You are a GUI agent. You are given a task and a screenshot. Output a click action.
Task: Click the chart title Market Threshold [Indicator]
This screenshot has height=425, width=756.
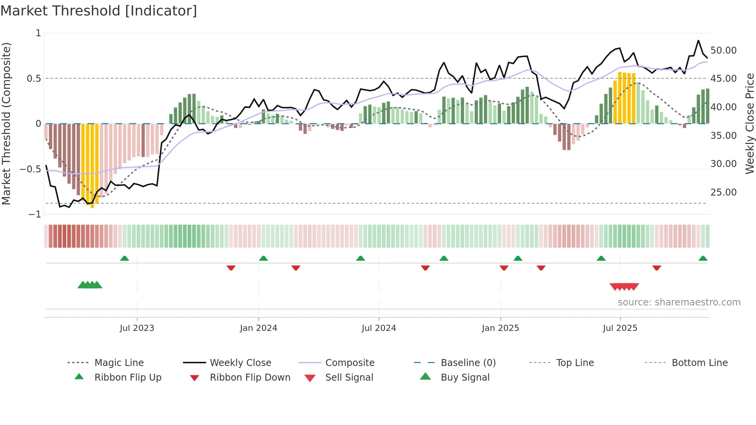[x=99, y=11]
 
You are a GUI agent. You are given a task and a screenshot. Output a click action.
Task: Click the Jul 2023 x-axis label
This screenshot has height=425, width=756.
[x=137, y=328]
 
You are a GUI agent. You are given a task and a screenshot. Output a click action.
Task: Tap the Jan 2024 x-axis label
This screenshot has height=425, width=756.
[x=258, y=328]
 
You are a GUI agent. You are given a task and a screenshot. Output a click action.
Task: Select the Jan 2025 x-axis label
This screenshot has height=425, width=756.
[x=500, y=328]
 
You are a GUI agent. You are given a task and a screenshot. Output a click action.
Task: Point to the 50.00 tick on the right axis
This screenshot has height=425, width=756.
[x=724, y=51]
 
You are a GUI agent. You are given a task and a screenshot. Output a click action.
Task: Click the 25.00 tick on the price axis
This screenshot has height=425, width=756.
[x=724, y=192]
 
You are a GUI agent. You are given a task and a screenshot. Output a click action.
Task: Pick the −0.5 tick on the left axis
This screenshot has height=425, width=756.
[x=30, y=169]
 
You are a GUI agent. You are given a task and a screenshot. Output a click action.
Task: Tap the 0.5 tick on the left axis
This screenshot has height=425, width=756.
[x=34, y=79]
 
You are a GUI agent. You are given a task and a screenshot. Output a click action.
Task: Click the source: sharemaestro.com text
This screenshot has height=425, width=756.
[x=679, y=302]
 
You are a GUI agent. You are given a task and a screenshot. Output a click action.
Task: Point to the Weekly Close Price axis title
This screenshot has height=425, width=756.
[x=749, y=123]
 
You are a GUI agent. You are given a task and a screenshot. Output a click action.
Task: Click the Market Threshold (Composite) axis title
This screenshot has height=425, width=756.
[x=6, y=123]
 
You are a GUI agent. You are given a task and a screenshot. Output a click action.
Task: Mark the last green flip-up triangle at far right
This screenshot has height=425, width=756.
[x=703, y=258]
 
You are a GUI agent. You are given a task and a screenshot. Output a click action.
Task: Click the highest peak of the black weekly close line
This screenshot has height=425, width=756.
[x=698, y=40]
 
